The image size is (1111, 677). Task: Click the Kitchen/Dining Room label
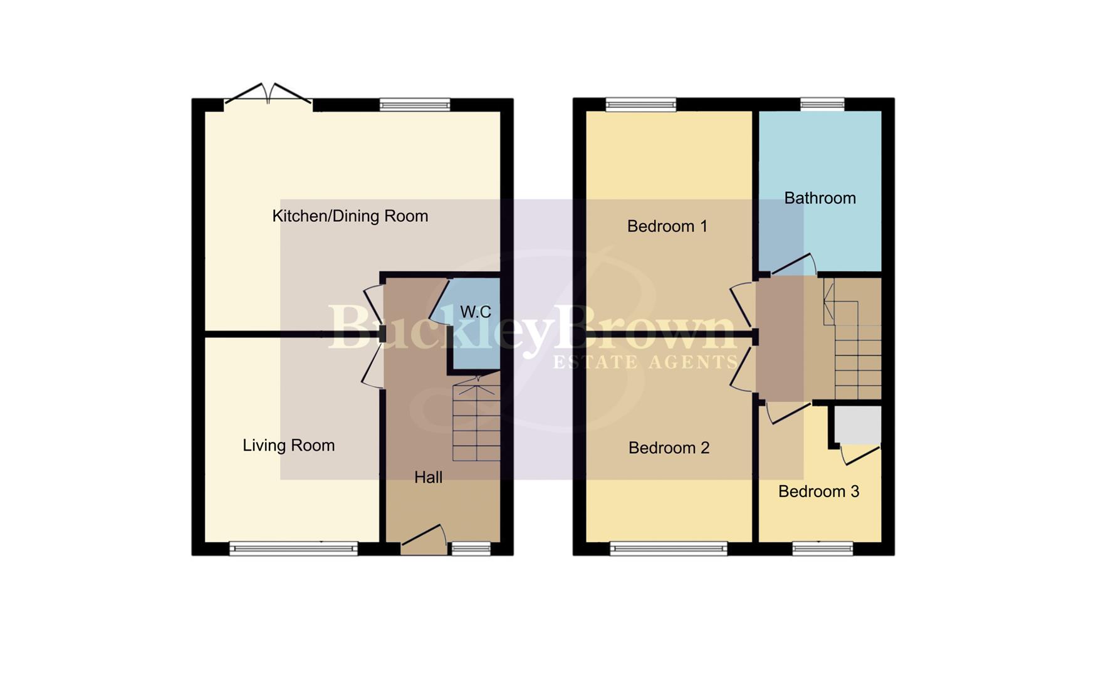[350, 216]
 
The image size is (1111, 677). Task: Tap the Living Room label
[288, 446]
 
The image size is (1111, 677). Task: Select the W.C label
[476, 312]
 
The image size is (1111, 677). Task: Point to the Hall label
[428, 478]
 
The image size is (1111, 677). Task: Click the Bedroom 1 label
[667, 226]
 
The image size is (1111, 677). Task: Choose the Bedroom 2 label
[669, 448]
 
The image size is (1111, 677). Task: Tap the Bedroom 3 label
[818, 491]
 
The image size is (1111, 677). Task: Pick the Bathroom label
[820, 198]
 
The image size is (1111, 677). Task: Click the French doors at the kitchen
[268, 96]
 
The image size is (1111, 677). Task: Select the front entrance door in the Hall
[424, 540]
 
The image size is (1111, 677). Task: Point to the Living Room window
[293, 549]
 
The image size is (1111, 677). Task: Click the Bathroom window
[822, 104]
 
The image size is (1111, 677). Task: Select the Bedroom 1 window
[640, 105]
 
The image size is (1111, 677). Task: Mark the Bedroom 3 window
[822, 549]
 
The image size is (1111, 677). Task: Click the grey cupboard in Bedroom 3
[858, 424]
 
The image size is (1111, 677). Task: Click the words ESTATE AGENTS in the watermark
[645, 362]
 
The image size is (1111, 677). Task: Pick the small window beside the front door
[471, 549]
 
